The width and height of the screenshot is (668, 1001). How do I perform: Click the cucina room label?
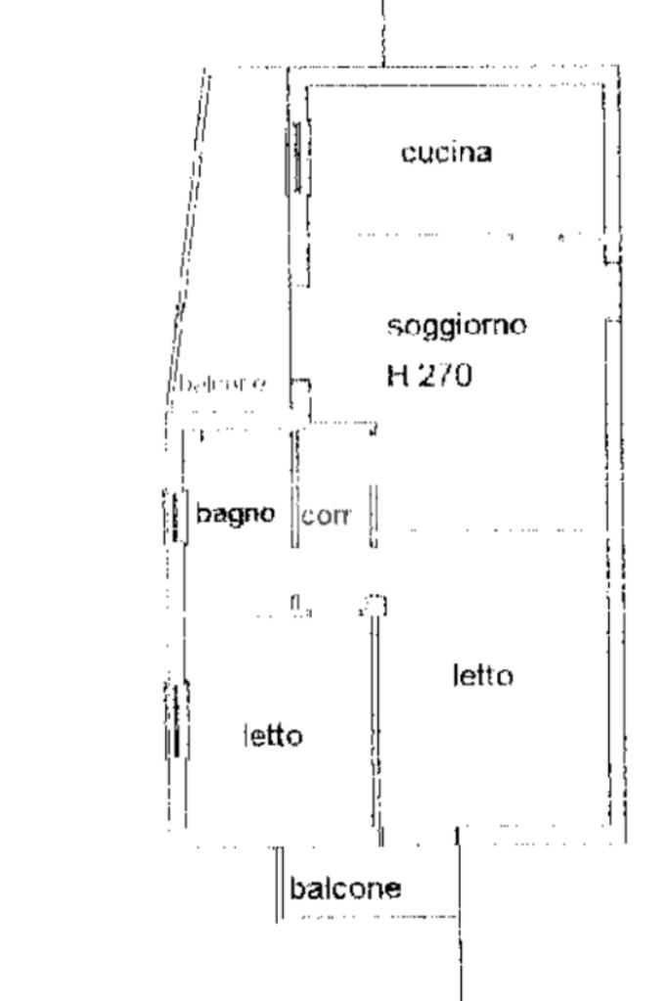(446, 153)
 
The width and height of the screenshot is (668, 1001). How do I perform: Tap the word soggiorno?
(457, 325)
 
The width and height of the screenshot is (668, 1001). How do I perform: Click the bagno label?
(235, 513)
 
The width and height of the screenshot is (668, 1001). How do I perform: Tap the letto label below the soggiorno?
(482, 675)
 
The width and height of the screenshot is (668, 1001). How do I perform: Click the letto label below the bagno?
(272, 735)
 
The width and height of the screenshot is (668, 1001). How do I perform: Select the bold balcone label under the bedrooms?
(345, 888)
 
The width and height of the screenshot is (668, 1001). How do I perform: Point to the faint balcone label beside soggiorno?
(219, 384)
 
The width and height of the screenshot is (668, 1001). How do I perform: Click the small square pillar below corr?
(375, 606)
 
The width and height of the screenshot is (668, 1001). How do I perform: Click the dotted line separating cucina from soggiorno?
(460, 236)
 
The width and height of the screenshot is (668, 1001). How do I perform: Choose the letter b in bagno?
(202, 512)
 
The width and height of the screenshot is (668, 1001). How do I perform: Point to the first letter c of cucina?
(408, 154)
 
